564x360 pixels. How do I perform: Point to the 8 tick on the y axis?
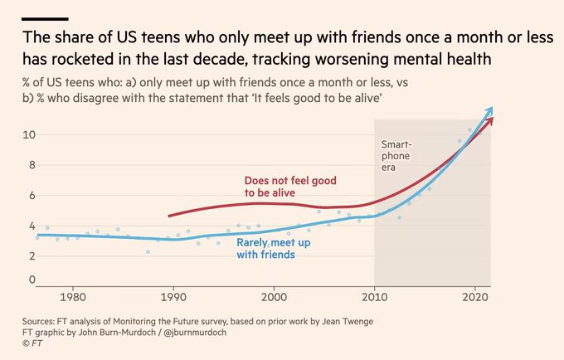point(28,164)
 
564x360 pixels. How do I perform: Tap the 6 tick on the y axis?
point(28,195)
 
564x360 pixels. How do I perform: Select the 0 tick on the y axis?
point(28,280)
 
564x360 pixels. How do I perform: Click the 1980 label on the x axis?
point(72,297)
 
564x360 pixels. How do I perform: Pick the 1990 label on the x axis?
point(173,297)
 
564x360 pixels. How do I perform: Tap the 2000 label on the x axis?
point(274,297)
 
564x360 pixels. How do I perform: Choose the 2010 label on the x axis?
point(375,297)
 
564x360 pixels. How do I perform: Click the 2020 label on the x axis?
point(475,297)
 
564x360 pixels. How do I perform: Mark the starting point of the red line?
point(168,216)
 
